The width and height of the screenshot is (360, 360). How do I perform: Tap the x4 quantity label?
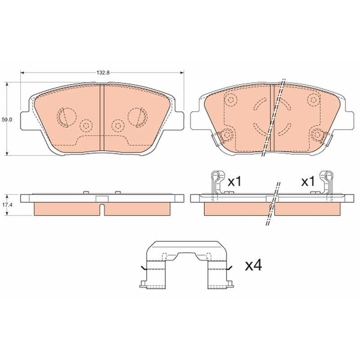click(x=253, y=265)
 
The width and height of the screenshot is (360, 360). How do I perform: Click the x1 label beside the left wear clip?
click(x=234, y=182)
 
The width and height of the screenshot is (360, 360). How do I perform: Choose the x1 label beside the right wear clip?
click(x=308, y=182)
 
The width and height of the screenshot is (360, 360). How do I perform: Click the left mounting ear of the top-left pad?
click(x=25, y=120)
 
